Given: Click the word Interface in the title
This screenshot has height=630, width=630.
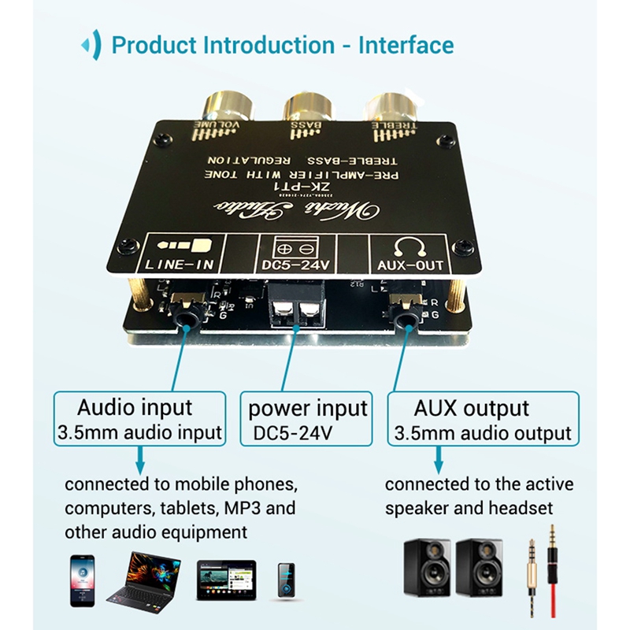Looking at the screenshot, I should pyautogui.click(x=406, y=45).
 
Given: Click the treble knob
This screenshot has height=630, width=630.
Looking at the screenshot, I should pyautogui.click(x=391, y=107).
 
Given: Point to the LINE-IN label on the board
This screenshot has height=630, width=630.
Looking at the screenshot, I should pyautogui.click(x=180, y=265).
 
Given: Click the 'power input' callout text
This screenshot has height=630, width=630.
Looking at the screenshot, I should pyautogui.click(x=308, y=409).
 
